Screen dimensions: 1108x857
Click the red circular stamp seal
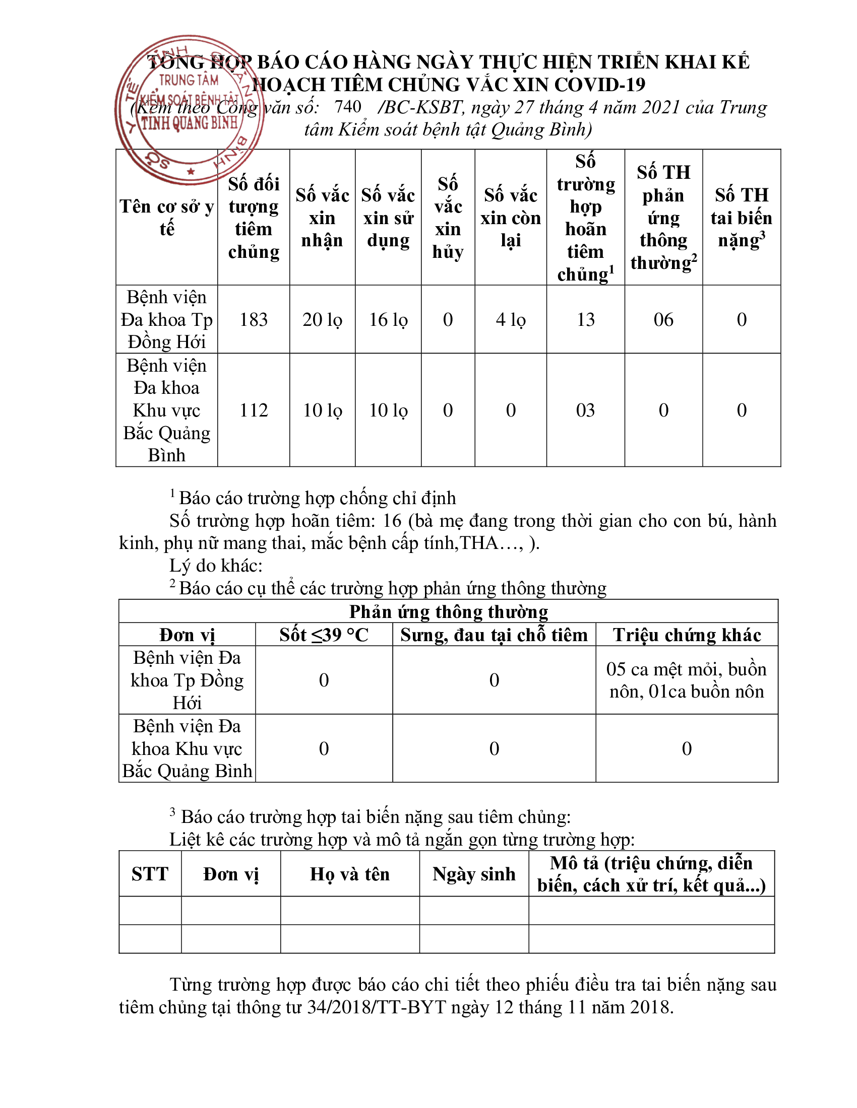click(x=189, y=110)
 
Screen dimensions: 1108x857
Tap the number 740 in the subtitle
click(x=347, y=107)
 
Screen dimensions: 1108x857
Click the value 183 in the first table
click(x=254, y=319)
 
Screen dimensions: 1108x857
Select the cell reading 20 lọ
click(x=322, y=319)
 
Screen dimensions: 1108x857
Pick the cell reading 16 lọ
click(x=388, y=319)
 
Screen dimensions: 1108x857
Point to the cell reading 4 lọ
click(x=510, y=319)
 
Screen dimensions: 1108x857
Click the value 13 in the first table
click(x=585, y=319)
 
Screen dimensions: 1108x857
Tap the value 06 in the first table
click(x=663, y=319)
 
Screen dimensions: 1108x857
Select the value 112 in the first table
click(x=254, y=410)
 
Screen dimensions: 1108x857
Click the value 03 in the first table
click(x=585, y=410)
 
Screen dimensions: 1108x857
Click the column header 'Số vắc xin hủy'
click(x=448, y=218)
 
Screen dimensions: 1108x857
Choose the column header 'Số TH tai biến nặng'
click(x=741, y=218)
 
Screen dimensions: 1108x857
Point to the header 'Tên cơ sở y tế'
click(x=166, y=218)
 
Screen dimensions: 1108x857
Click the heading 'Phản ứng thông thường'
click(x=448, y=611)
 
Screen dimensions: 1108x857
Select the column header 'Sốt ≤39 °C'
click(x=324, y=635)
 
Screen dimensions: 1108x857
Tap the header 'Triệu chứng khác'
click(x=687, y=635)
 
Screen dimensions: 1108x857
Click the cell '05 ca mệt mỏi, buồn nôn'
click(x=687, y=680)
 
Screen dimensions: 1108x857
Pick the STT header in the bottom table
click(x=150, y=874)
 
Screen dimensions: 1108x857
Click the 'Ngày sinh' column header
click(x=474, y=874)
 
